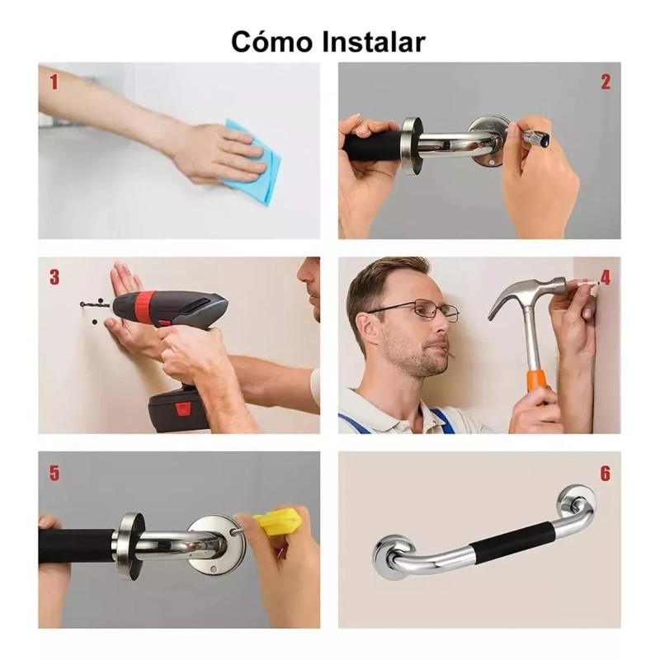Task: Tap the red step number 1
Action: [54, 82]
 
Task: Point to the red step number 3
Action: [54, 277]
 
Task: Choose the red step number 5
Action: [54, 473]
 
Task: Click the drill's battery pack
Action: [177, 408]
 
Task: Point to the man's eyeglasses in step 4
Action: [421, 312]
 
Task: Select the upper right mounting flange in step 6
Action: [576, 502]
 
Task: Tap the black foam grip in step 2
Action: [371, 147]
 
